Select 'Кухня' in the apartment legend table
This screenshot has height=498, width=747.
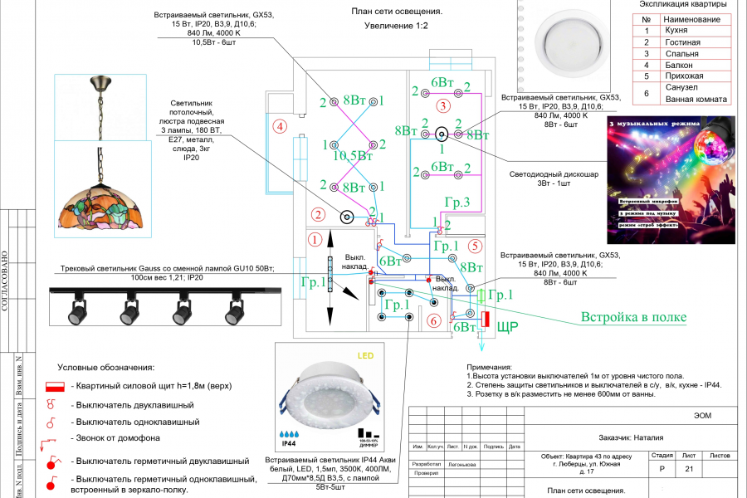(x=676, y=30)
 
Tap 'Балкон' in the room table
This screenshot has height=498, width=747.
(x=680, y=65)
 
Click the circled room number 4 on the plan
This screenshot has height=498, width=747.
(x=281, y=127)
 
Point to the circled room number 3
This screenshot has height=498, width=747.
(x=443, y=105)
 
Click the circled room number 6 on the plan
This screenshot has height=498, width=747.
(x=433, y=320)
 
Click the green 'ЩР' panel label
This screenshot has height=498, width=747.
(x=507, y=327)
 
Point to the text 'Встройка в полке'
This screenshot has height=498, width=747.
(x=633, y=317)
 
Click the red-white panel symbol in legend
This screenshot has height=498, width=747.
(x=55, y=388)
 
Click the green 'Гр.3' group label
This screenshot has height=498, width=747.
(x=457, y=202)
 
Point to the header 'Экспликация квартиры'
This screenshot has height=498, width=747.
(x=684, y=4)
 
